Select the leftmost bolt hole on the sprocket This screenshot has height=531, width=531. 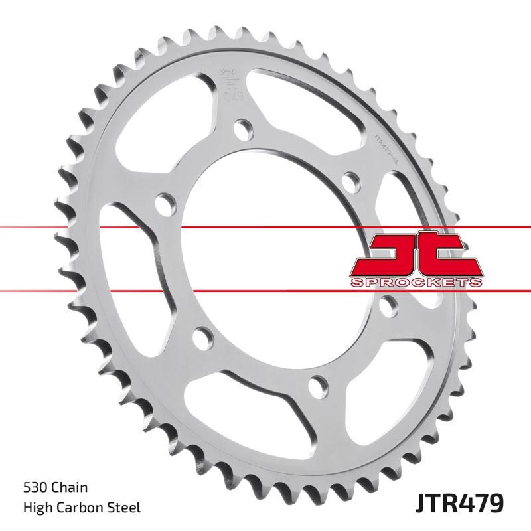pos(163,202)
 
